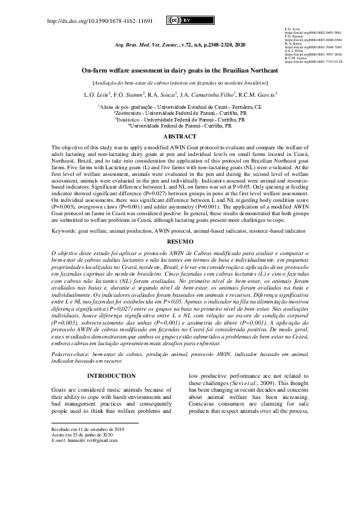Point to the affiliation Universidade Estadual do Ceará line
click(180, 106)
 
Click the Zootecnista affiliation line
click(180, 112)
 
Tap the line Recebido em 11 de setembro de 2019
click(87, 429)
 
